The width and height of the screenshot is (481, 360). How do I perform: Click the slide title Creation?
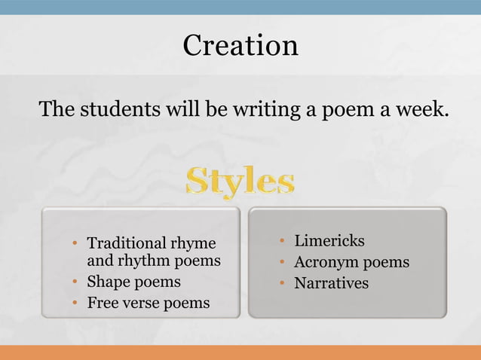tap(240, 45)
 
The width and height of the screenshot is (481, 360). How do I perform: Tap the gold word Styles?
tap(240, 182)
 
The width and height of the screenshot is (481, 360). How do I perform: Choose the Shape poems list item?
tap(134, 282)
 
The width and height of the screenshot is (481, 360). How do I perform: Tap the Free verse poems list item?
tap(149, 304)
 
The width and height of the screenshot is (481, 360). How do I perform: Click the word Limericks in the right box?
tap(329, 241)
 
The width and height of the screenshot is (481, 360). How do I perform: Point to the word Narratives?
tap(331, 283)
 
